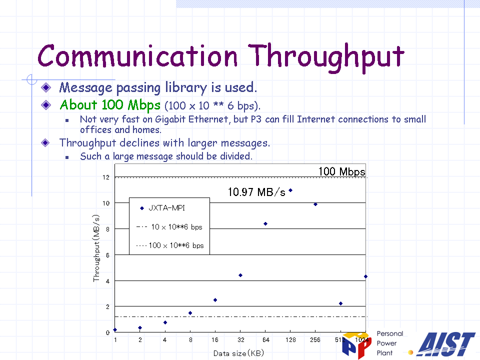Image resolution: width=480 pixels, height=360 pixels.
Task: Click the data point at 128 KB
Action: pyautogui.click(x=290, y=190)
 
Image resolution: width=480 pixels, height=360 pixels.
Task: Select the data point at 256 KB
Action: pyautogui.click(x=315, y=204)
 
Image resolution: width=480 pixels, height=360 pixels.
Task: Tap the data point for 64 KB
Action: pyautogui.click(x=265, y=224)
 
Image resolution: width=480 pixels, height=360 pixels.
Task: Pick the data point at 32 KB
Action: pyautogui.click(x=240, y=275)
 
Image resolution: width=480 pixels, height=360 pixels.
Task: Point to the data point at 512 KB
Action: pyautogui.click(x=340, y=303)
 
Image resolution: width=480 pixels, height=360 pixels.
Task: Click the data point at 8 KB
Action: pyautogui.click(x=190, y=313)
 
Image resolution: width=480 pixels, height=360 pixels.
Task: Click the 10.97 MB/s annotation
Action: pyautogui.click(x=256, y=192)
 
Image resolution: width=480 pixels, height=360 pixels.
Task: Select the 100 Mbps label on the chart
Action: pyautogui.click(x=341, y=171)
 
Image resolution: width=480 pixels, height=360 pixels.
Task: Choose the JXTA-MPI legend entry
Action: pyautogui.click(x=163, y=208)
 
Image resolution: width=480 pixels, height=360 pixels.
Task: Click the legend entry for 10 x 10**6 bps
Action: pyautogui.click(x=169, y=227)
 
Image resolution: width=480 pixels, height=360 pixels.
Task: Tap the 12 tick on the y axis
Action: pyautogui.click(x=106, y=177)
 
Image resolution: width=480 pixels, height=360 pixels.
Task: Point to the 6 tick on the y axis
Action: pyautogui.click(x=107, y=255)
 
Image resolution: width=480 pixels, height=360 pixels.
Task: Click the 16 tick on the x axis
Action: pyautogui.click(x=215, y=340)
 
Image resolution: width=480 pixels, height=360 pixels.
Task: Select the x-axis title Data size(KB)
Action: pyautogui.click(x=238, y=353)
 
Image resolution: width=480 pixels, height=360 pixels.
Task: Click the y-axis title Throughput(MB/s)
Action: pyautogui.click(x=96, y=248)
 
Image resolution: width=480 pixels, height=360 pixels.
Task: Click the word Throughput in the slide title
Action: pyautogui.click(x=326, y=57)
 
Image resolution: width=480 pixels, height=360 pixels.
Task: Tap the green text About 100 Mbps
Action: pyautogui.click(x=110, y=105)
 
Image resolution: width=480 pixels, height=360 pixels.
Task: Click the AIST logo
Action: pyautogui.click(x=446, y=344)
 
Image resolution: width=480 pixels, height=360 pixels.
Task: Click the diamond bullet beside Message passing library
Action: pyautogui.click(x=46, y=87)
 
